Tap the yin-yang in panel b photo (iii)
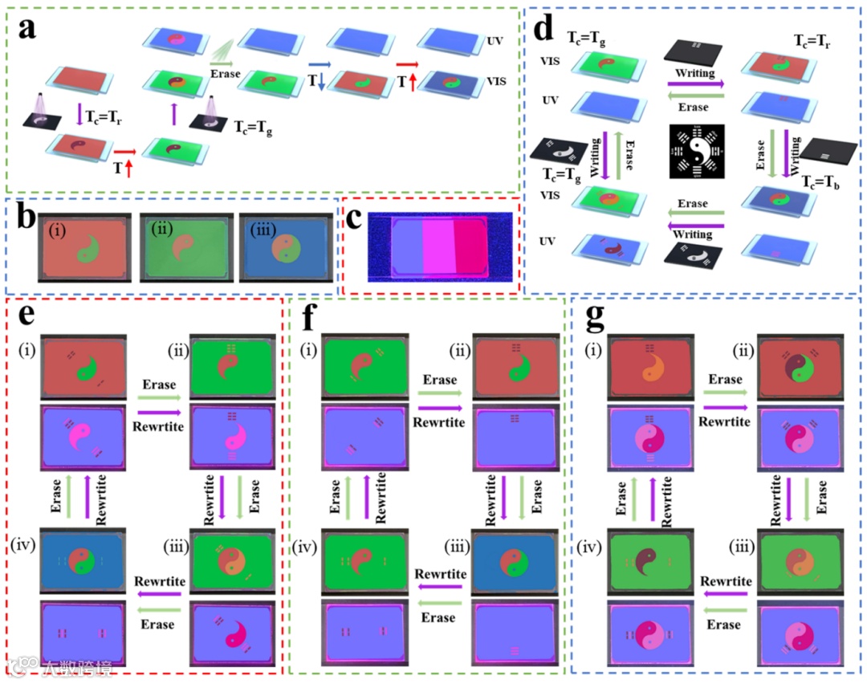tap(288, 248)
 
